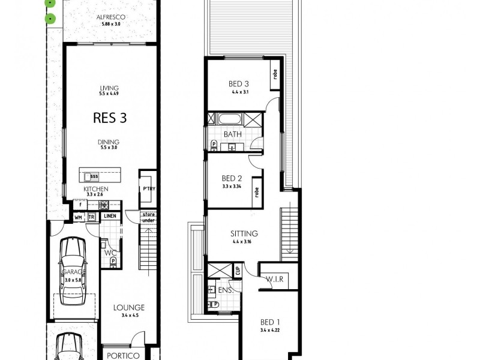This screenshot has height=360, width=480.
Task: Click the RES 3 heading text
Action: click(x=110, y=117)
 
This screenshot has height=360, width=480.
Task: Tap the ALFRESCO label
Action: click(x=110, y=17)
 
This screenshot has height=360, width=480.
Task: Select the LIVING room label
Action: click(x=110, y=88)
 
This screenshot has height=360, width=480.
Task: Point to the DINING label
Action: click(x=110, y=142)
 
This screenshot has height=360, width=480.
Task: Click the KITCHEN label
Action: click(x=96, y=188)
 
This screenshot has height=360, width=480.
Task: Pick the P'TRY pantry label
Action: click(x=148, y=189)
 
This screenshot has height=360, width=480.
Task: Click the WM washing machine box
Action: click(x=79, y=217)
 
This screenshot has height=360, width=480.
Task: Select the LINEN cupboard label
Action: click(x=110, y=217)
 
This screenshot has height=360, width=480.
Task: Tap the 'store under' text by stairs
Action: click(x=148, y=217)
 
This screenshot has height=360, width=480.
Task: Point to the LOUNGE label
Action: click(x=130, y=308)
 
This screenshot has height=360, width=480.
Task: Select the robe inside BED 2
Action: click(x=256, y=193)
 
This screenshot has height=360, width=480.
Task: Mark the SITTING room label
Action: click(x=244, y=233)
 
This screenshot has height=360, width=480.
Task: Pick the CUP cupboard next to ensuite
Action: click(x=238, y=270)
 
